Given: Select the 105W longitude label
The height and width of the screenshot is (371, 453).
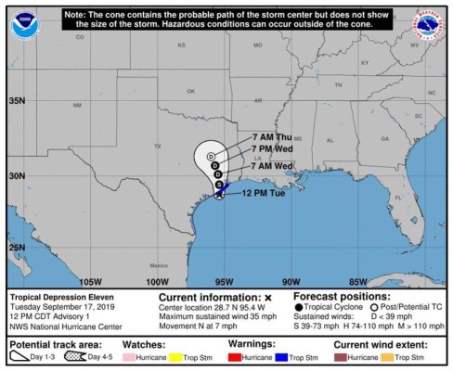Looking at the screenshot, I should [89, 281].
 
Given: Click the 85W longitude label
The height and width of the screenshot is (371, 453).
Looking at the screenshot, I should [358, 281].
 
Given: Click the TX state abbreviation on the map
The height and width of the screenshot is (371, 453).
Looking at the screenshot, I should [158, 147].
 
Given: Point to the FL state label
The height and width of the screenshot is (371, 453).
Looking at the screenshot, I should [396, 198].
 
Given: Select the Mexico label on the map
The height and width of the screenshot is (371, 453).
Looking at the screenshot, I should [155, 264].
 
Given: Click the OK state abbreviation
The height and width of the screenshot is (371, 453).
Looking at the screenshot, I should [190, 91].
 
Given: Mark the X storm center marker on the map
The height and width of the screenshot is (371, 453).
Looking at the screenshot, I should [219, 195].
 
